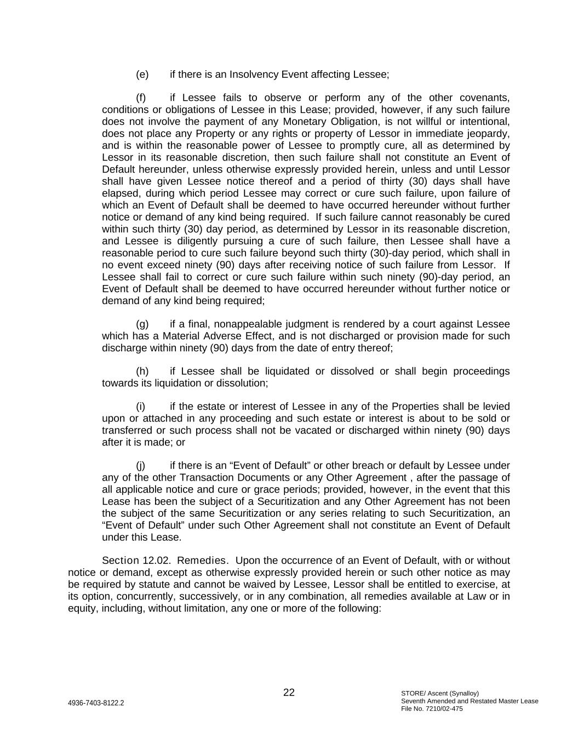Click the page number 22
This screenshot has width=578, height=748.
click(x=289, y=693)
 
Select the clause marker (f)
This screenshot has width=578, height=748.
click(x=141, y=98)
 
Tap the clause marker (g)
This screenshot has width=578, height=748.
click(x=142, y=324)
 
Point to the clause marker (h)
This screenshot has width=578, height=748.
click(x=142, y=372)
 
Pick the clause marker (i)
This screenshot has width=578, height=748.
click(x=140, y=407)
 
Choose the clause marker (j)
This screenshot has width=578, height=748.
click(x=140, y=466)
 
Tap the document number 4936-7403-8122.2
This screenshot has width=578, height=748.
click(x=96, y=703)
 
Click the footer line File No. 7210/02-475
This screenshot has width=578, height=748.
click(x=432, y=709)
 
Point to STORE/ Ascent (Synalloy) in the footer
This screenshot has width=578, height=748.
click(x=440, y=693)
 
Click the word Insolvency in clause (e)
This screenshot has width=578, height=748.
click(x=254, y=75)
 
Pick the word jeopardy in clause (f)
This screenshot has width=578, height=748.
click(x=489, y=134)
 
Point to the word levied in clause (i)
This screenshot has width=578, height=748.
click(x=496, y=407)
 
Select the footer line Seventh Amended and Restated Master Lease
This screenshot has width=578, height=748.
click(x=470, y=701)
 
